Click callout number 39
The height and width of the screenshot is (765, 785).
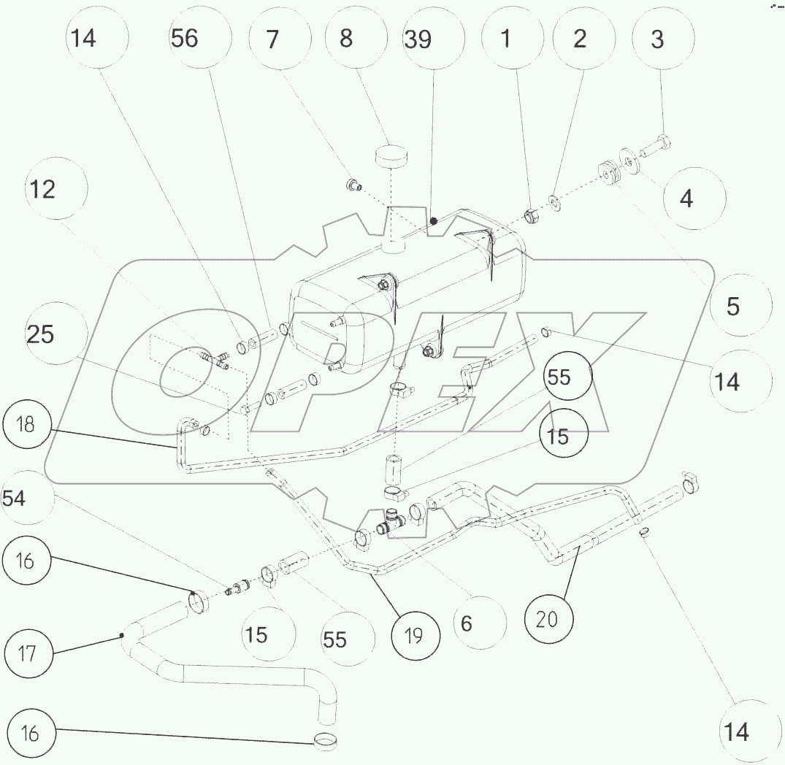pyautogui.click(x=418, y=39)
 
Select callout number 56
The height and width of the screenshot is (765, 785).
pyautogui.click(x=185, y=38)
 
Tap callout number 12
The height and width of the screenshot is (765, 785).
pyautogui.click(x=42, y=189)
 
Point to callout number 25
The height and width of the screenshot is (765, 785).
pyautogui.click(x=41, y=334)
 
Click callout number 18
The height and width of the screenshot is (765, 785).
pyautogui.click(x=26, y=424)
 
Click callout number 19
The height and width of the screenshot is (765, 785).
pyautogui.click(x=413, y=637)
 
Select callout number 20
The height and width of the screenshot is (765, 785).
pyautogui.click(x=547, y=619)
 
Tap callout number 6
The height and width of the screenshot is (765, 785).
pyautogui.click(x=467, y=623)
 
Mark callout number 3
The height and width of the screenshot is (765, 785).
pyautogui.click(x=656, y=39)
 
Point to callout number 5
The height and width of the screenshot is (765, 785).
pyautogui.click(x=732, y=305)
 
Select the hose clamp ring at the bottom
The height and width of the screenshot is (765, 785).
pyautogui.click(x=326, y=742)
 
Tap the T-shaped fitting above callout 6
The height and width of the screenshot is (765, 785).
pyautogui.click(x=392, y=523)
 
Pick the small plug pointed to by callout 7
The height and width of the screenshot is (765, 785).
pyautogui.click(x=353, y=183)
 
